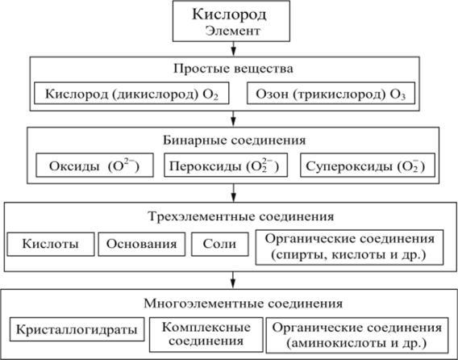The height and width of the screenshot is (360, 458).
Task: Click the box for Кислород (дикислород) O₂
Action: point(131,94)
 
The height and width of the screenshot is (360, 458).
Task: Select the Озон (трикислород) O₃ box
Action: point(331,94)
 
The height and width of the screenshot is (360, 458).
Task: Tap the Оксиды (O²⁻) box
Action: point(94,165)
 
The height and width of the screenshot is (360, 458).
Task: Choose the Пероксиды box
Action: point(226,165)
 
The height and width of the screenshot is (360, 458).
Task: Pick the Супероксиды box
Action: point(368,165)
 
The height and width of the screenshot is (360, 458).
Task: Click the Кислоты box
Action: point(51,245)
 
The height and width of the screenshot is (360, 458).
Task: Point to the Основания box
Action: point(142,245)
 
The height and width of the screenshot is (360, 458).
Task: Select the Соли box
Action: point(220,245)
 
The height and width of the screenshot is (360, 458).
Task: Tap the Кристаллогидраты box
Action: point(77,329)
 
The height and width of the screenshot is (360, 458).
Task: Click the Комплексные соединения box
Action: point(206,334)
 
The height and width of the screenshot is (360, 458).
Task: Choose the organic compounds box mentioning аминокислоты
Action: point(357,335)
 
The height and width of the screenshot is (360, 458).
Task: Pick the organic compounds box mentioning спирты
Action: point(349,248)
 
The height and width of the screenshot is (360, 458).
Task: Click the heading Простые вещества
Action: point(233,69)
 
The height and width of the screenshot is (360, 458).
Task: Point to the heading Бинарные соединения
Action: point(235,140)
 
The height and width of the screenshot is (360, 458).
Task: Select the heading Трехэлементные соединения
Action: point(241,216)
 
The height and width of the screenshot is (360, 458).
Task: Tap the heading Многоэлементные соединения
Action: point(244,303)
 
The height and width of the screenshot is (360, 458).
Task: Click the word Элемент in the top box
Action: point(232,31)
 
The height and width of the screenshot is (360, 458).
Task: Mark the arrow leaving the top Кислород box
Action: point(233,48)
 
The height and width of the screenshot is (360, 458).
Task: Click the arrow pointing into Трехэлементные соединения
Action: point(233,193)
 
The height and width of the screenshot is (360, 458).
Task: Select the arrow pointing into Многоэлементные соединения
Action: point(233,280)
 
